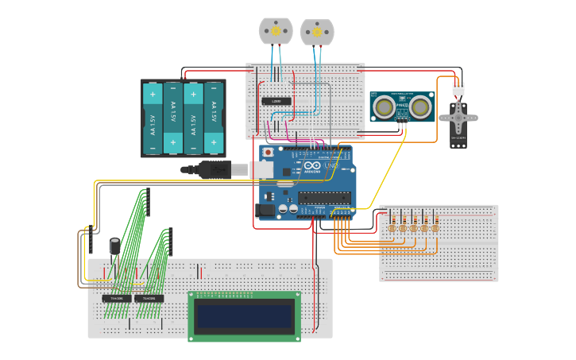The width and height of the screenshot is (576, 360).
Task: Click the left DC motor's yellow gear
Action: click(x=276, y=31)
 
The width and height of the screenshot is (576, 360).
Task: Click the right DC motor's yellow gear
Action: click(x=317, y=32)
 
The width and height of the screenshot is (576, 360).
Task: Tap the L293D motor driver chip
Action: click(x=276, y=101)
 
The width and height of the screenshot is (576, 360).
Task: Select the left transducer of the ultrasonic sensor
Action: click(x=384, y=107)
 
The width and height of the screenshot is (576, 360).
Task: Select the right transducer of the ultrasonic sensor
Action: click(x=421, y=107)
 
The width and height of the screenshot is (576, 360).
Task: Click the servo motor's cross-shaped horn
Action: click(x=458, y=118)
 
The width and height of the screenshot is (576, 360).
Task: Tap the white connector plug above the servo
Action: click(x=458, y=89)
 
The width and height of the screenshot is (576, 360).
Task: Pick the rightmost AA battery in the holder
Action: click(x=213, y=118)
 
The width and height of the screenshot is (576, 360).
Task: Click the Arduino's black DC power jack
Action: click(x=265, y=211)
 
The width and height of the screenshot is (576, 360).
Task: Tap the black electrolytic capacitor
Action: click(x=115, y=246)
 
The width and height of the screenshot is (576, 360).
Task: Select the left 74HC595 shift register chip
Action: click(x=117, y=299)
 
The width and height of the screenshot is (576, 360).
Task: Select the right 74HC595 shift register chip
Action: click(x=149, y=299)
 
